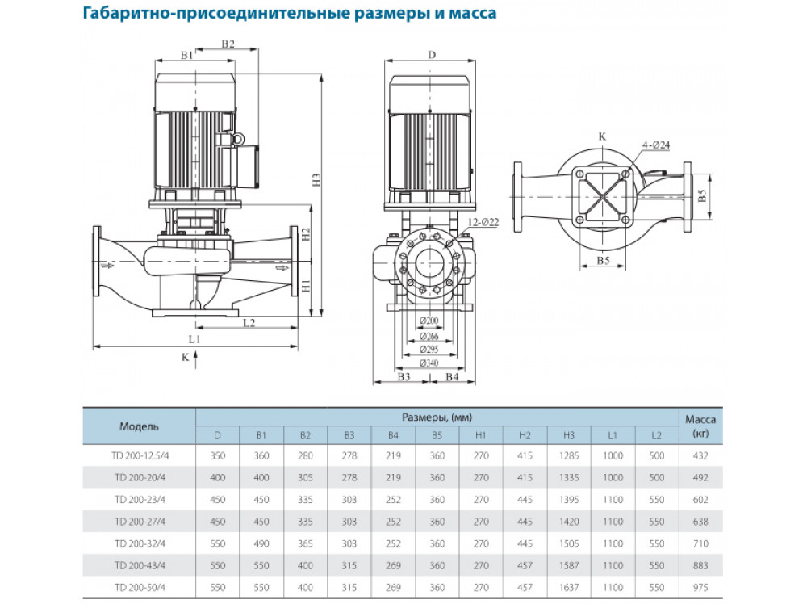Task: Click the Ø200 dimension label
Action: (430, 321)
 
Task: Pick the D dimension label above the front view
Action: (432, 55)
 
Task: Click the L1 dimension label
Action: (194, 340)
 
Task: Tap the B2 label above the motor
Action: (228, 44)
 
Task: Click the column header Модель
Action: (140, 426)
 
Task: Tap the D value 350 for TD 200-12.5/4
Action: (217, 456)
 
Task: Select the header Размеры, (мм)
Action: (437, 417)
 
